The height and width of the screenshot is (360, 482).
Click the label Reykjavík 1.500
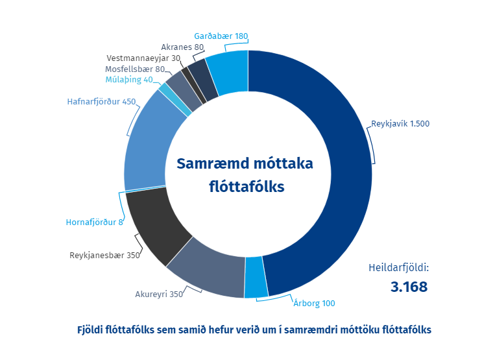(x=400, y=123)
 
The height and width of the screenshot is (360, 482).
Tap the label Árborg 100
(x=315, y=303)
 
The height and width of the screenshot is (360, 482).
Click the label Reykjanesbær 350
(x=104, y=255)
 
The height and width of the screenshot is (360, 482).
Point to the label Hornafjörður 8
(x=94, y=222)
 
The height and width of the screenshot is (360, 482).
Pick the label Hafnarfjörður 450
(x=101, y=102)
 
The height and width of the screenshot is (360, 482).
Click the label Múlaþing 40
(x=129, y=80)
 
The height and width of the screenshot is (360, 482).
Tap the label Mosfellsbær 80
(x=134, y=69)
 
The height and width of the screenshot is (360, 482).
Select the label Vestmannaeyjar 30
(x=143, y=58)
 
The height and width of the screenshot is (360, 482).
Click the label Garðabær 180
(x=221, y=36)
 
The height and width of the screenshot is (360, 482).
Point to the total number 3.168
(x=409, y=286)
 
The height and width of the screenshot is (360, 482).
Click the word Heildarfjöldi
(x=398, y=267)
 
